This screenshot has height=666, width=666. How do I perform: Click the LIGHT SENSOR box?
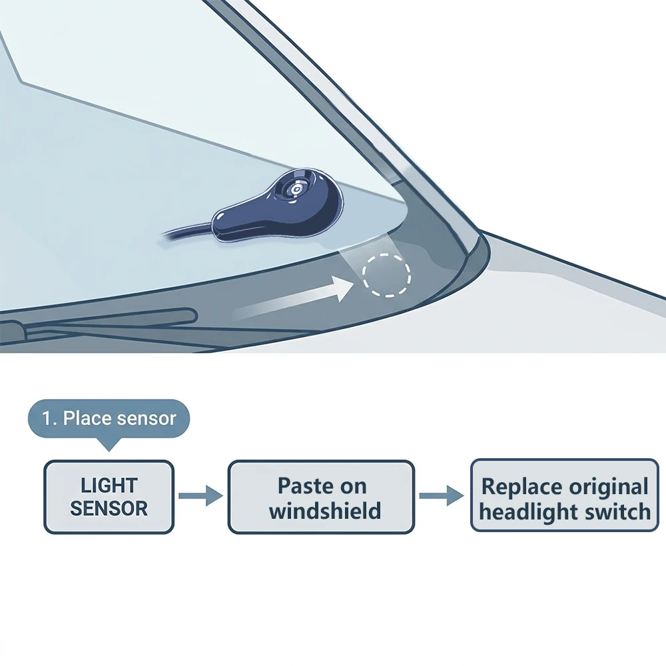(109, 497)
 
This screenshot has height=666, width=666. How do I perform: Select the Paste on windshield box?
(321, 497)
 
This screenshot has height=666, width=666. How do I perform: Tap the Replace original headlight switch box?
(565, 496)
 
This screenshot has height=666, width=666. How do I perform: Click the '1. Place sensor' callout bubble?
(109, 419)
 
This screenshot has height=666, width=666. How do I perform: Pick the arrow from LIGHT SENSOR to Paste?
(200, 496)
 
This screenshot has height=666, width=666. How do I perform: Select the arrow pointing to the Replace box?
(442, 496)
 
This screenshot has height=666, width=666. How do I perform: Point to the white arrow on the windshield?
(293, 297)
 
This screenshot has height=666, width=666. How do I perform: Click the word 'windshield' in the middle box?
(325, 510)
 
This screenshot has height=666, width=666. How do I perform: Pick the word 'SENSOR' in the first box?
(109, 508)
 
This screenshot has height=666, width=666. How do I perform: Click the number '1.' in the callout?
(50, 419)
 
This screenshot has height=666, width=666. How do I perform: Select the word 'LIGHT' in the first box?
(109, 486)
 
